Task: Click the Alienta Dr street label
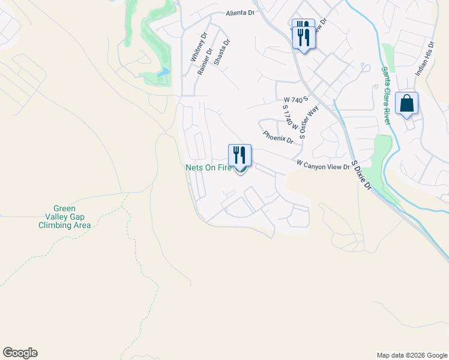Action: (x=240, y=13)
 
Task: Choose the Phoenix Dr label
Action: (x=277, y=137)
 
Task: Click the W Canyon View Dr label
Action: (x=322, y=164)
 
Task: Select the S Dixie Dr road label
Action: (x=361, y=175)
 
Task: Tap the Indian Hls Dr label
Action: (x=423, y=59)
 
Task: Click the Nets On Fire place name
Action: (x=208, y=168)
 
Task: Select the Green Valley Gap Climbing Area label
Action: (x=64, y=217)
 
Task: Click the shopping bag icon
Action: (x=406, y=104)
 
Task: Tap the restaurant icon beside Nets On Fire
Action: (x=240, y=155)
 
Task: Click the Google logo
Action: (x=20, y=353)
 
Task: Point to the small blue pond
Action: (x=163, y=73)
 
